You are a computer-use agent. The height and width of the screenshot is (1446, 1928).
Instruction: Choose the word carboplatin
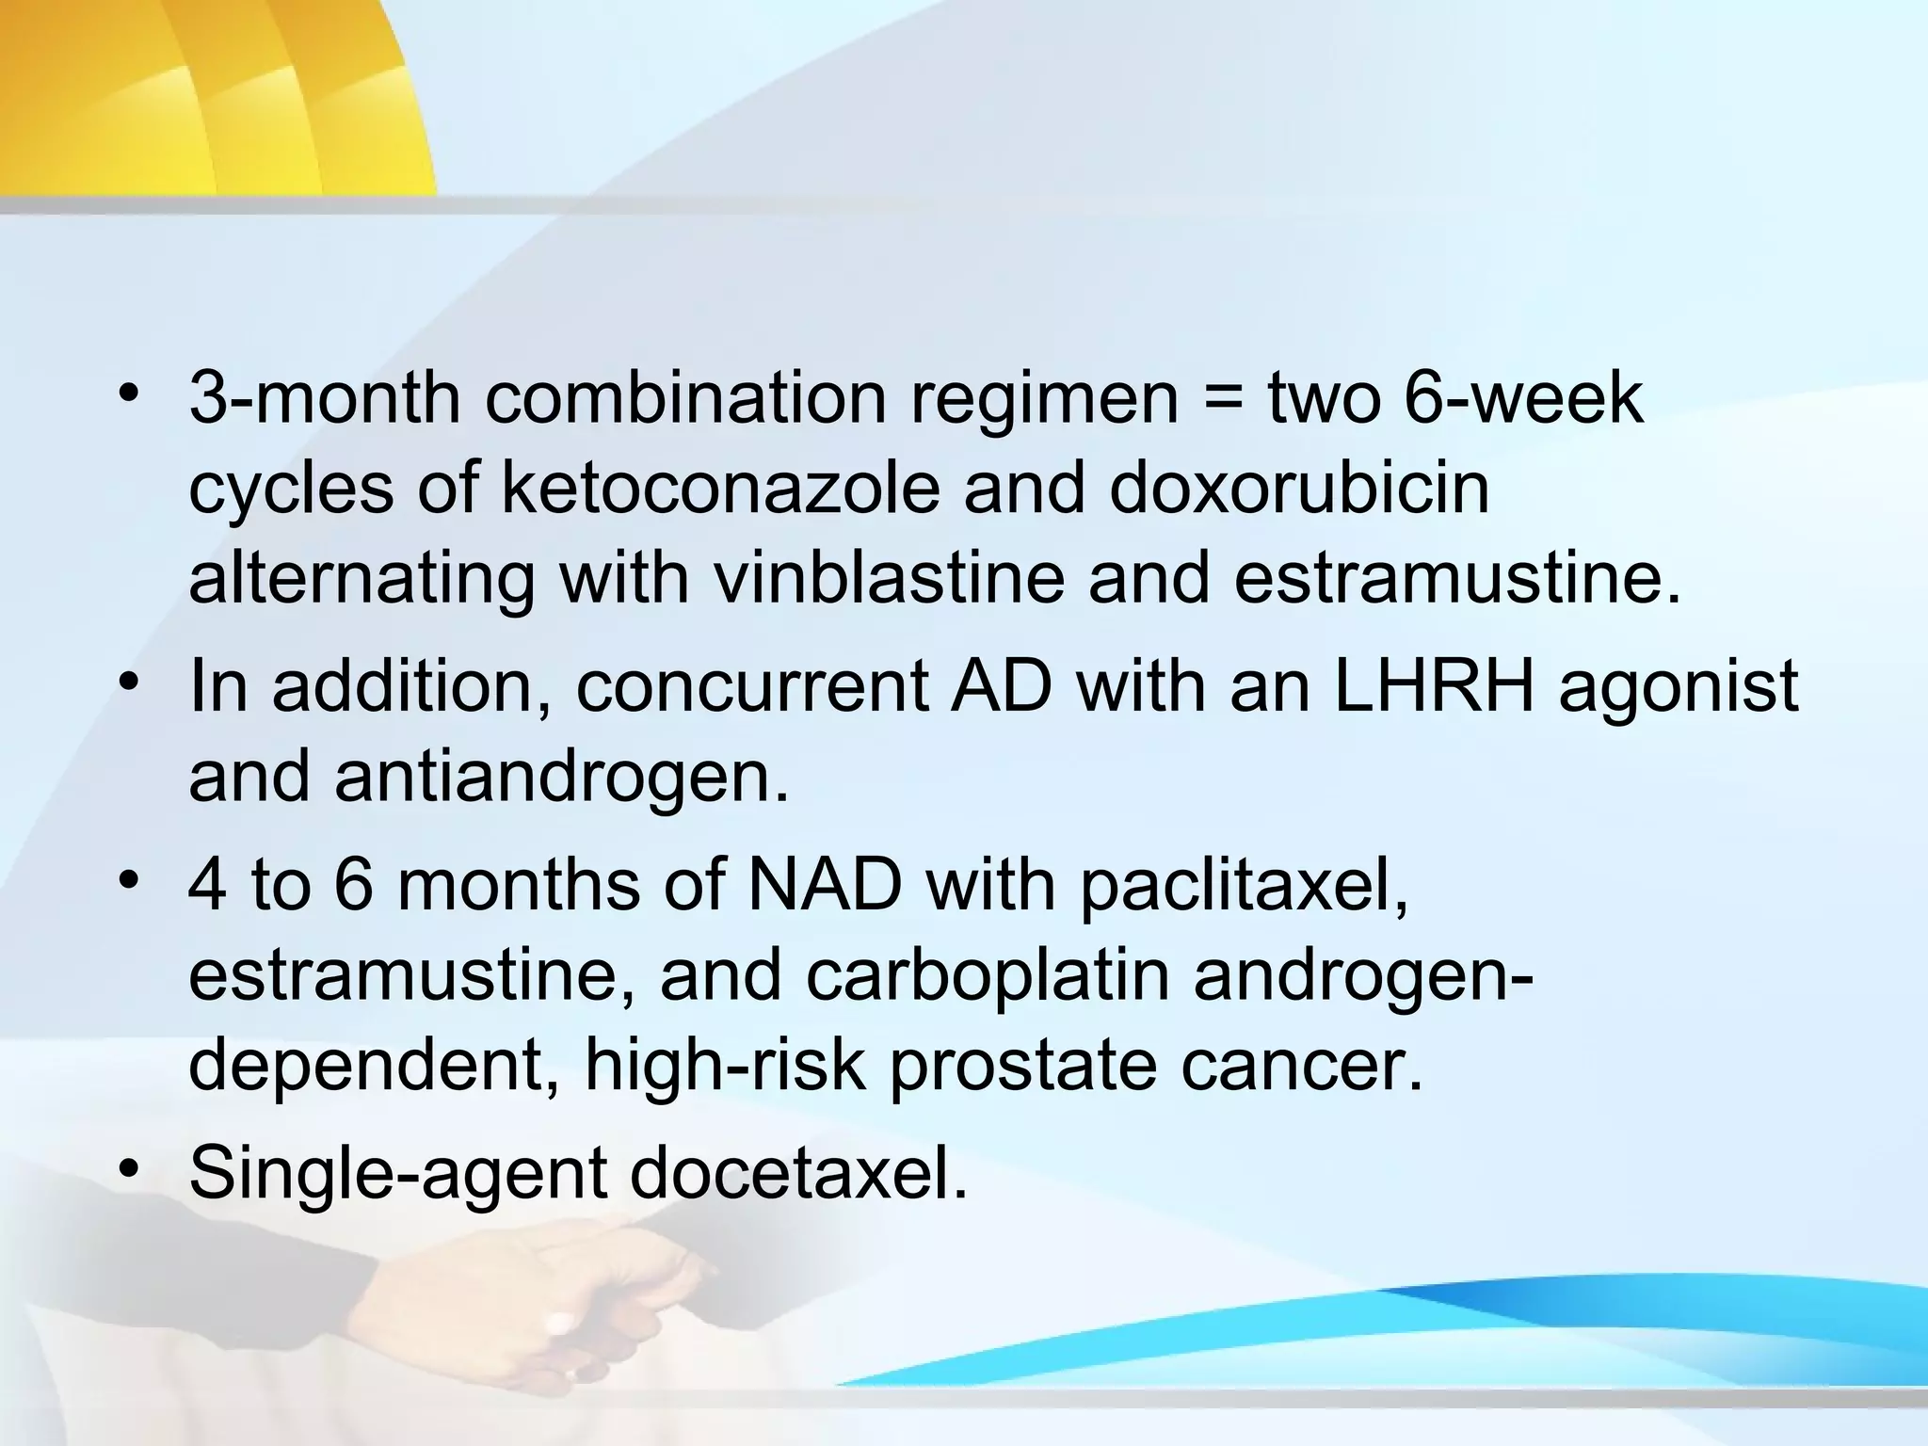pos(987,975)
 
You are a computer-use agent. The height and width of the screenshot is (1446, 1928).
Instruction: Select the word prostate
pos(1022,1066)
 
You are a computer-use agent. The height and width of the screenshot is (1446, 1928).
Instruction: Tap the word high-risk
pos(724,1066)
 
